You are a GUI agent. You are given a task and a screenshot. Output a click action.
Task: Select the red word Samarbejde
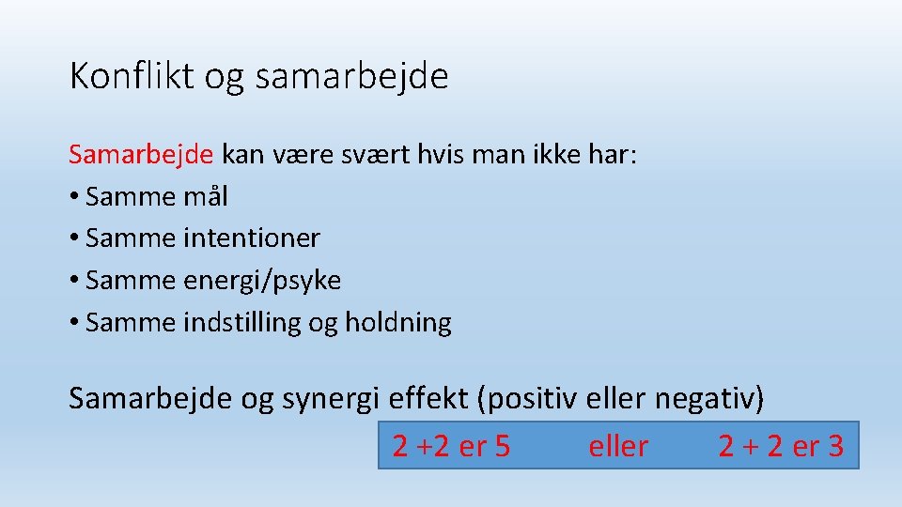[142, 154]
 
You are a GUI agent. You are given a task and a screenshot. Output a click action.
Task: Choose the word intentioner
[251, 238]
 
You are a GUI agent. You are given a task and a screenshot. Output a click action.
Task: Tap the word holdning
[398, 323]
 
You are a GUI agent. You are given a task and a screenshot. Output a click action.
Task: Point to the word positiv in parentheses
[534, 398]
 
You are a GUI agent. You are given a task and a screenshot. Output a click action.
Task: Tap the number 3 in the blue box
[834, 447]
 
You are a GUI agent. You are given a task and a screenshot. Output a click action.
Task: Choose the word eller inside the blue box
[618, 447]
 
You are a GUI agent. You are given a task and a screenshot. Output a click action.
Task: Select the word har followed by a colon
[615, 154]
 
